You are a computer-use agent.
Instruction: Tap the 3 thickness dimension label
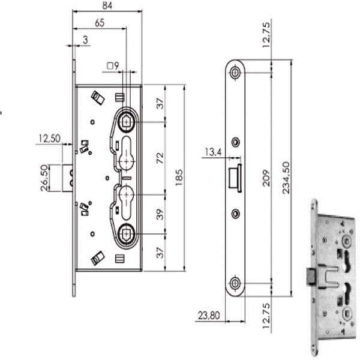pyautogui.click(x=86, y=40)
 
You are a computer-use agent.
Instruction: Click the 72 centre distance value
pyautogui.click(x=160, y=158)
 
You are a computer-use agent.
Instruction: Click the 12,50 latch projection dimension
pyautogui.click(x=50, y=139)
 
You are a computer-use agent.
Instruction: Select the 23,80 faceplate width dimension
pyautogui.click(x=208, y=314)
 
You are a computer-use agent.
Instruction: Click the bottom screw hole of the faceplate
pyautogui.click(x=235, y=283)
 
